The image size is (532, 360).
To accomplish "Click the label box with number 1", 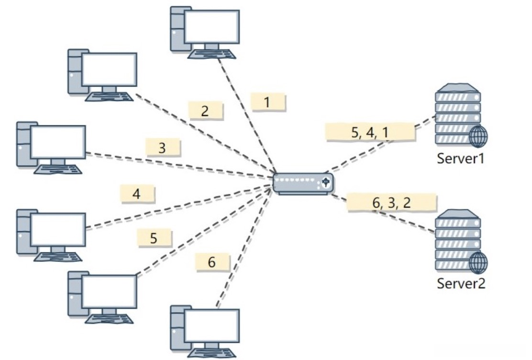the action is pyautogui.click(x=268, y=102).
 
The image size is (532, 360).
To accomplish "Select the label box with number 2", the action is pyautogui.click(x=206, y=111).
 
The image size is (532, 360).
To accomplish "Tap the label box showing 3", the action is pyautogui.click(x=163, y=147).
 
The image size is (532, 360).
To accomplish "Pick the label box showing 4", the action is pyautogui.click(x=137, y=194).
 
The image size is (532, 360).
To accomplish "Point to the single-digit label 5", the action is pyautogui.click(x=155, y=238).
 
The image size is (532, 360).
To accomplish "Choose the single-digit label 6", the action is pyautogui.click(x=213, y=262).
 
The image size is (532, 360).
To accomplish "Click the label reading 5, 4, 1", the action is pyautogui.click(x=370, y=132).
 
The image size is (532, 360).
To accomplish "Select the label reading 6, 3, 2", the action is pyautogui.click(x=391, y=202).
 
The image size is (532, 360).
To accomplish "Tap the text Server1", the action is pyautogui.click(x=460, y=158).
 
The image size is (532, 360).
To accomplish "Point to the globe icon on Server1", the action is pyautogui.click(x=478, y=136).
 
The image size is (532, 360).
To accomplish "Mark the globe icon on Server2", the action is pyautogui.click(x=478, y=262).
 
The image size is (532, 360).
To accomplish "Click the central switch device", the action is pyautogui.click(x=303, y=184).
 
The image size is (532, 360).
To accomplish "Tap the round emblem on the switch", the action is pyautogui.click(x=326, y=182).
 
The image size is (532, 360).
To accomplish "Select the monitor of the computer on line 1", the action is pyautogui.click(x=212, y=27).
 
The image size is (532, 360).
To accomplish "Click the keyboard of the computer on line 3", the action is pyautogui.click(x=58, y=169).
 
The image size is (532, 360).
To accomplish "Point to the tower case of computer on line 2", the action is pyautogui.click(x=76, y=71).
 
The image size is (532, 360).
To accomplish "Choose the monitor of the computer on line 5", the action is pyautogui.click(x=109, y=292).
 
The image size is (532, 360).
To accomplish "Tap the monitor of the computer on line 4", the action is pyautogui.click(x=58, y=230).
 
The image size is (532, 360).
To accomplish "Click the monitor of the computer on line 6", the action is pyautogui.click(x=212, y=326).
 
